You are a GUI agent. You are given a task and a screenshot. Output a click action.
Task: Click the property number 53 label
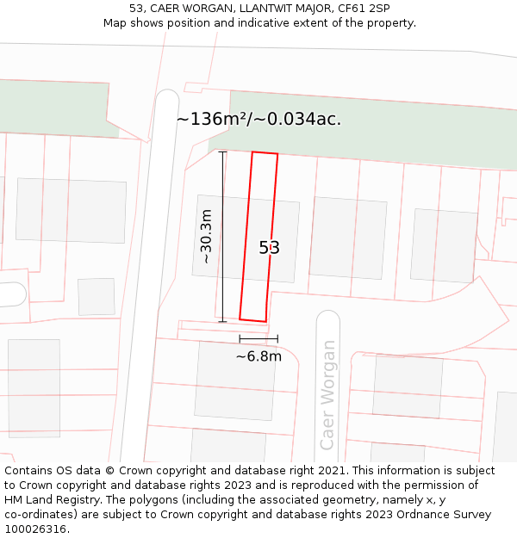coord(270,248)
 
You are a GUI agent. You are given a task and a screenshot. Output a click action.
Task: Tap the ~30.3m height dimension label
coord(206,237)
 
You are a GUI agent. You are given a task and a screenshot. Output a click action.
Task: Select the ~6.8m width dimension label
coord(258,356)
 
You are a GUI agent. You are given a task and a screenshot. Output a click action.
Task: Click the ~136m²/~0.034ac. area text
coord(258,120)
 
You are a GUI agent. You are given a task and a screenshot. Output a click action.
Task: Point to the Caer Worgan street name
coord(327,395)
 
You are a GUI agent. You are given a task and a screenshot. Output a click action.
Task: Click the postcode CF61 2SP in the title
coord(364,8)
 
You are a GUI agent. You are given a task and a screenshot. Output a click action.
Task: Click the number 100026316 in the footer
coord(35,529)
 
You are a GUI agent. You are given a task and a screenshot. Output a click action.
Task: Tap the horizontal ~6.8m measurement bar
coord(258,339)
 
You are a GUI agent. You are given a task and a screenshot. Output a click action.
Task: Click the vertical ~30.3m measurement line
coord(222,237)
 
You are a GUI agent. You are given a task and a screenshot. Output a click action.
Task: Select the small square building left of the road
coord(97,297)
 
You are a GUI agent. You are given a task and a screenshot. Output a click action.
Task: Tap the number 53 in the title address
coord(135,8)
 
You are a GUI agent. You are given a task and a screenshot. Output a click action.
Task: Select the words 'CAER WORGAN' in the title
coord(190,8)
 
